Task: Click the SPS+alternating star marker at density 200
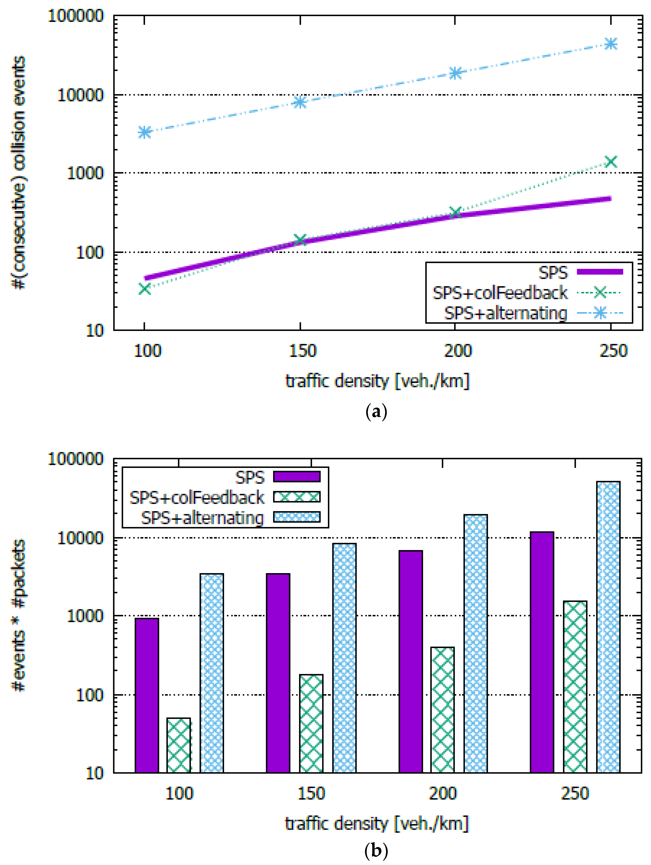pos(455,73)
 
